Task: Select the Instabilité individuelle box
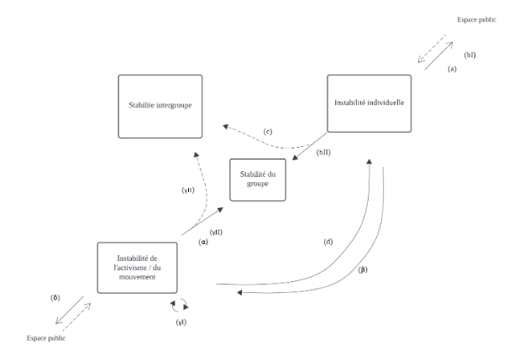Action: (x=369, y=102)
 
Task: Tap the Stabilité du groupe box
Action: (x=258, y=179)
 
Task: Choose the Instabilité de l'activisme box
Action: (x=137, y=267)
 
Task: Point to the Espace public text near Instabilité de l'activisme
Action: (x=45, y=338)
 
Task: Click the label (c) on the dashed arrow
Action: (x=267, y=133)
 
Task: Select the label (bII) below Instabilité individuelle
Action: (x=323, y=152)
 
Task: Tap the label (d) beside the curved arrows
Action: (x=328, y=242)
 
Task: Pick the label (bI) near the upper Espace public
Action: (x=470, y=55)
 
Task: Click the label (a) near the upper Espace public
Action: (x=451, y=69)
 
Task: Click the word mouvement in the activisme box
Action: (x=137, y=276)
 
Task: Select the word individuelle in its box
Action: (x=388, y=102)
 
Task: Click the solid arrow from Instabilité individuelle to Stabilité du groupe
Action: (x=309, y=148)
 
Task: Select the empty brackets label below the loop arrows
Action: (x=181, y=321)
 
